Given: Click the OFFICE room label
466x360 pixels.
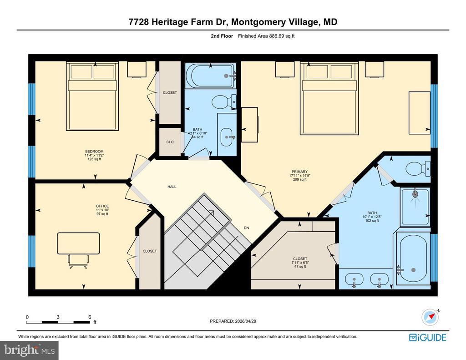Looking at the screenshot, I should (102, 206).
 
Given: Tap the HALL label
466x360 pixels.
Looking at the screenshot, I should (172, 187).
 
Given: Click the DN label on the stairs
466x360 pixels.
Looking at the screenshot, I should (246, 228).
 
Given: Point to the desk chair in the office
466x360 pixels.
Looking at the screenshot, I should (78, 261).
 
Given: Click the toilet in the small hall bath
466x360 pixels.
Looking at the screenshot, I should (223, 101).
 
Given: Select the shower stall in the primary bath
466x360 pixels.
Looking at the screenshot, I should (415, 207).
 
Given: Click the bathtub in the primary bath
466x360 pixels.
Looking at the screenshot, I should (413, 259).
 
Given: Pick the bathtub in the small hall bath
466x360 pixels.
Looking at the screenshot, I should (211, 76).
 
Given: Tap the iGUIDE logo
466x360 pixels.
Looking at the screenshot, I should (427, 337).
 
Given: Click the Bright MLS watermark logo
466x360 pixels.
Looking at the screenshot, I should (29, 350).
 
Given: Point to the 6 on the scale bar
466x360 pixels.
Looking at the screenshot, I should (90, 317).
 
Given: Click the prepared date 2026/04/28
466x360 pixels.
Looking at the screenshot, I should (236, 321).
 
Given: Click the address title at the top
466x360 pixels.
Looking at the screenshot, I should (233, 22).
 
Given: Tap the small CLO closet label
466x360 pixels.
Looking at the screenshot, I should (170, 142).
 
